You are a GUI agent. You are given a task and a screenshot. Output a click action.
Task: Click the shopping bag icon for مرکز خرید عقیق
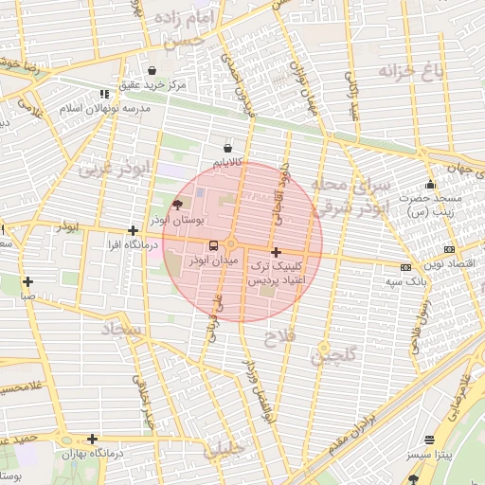point(153,70)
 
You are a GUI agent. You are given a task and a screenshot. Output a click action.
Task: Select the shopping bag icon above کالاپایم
point(227,148)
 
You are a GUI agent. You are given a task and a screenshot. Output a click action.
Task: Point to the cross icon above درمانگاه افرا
point(133,230)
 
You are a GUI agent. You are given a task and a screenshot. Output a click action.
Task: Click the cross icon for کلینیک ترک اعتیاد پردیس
point(276,253)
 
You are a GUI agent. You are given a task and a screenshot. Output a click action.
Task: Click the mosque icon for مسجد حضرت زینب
point(431,185)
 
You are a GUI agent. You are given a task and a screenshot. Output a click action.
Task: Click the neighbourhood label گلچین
point(334,355)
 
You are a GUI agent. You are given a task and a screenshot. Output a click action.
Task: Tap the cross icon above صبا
point(28,281)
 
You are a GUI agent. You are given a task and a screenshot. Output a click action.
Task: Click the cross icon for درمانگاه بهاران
point(92,439)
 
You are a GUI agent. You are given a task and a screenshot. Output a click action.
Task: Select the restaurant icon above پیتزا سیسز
point(431,440)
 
